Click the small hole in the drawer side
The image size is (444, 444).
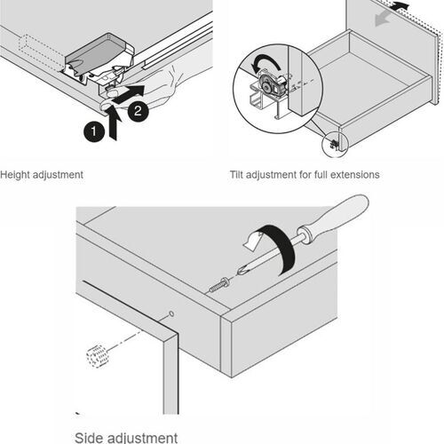point(170,314)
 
